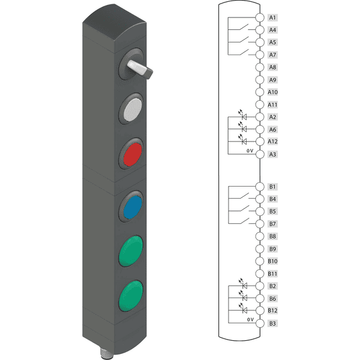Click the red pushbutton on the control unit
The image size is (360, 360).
click(133, 154)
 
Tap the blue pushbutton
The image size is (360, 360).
click(133, 207)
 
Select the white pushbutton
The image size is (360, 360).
click(133, 109)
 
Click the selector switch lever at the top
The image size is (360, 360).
click(140, 69)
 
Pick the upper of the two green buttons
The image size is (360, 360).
click(131, 251)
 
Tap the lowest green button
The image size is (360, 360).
click(131, 296)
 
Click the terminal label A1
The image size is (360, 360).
click(272, 17)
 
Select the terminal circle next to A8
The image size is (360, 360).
click(260, 67)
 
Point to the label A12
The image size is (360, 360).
click(272, 142)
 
